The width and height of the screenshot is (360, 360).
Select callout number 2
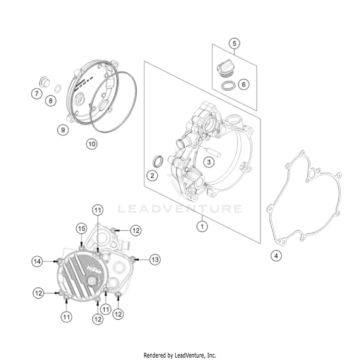(152, 175)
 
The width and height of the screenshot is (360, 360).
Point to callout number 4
(275, 256)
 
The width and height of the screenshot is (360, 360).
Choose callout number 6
(243, 84)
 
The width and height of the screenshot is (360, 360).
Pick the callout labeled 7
(37, 94)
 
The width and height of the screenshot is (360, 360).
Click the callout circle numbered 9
(61, 129)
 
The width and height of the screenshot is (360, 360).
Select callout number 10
(91, 143)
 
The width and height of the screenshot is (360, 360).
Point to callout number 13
(155, 259)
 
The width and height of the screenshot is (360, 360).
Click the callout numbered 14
(37, 261)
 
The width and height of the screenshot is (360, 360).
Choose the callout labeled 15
(82, 228)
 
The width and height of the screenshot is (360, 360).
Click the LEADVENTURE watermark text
(180, 209)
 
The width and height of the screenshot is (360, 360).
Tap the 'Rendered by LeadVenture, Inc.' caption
(180, 355)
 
